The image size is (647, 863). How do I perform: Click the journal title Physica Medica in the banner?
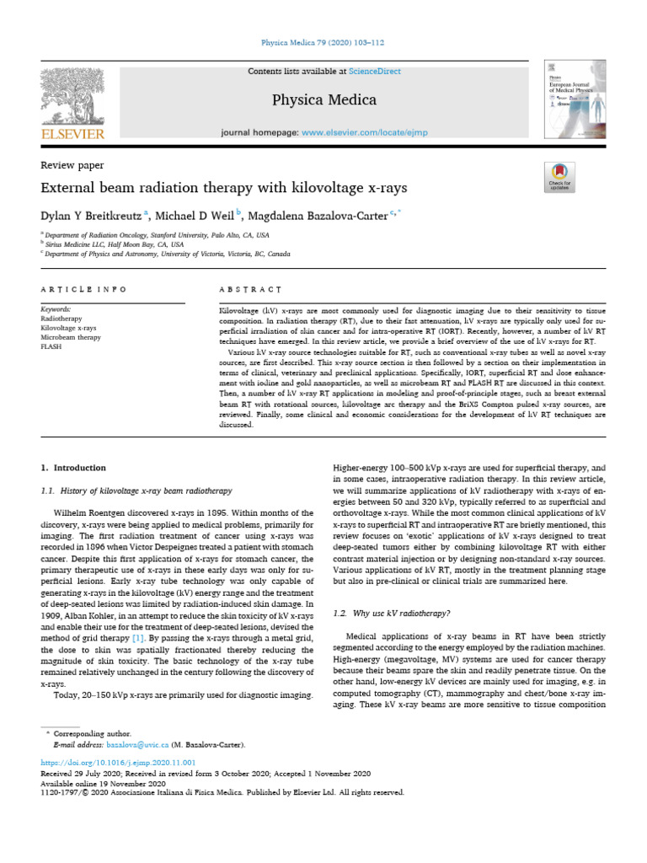(x=323, y=100)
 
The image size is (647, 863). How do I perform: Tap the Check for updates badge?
(x=559, y=176)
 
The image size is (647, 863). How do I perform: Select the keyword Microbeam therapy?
(x=70, y=337)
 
